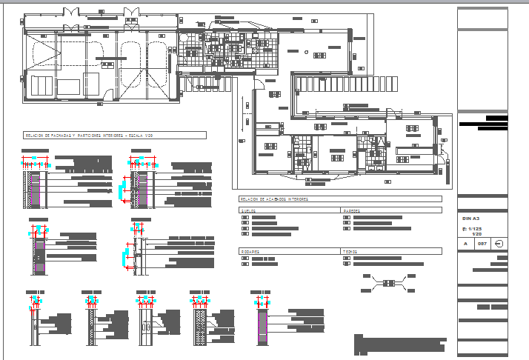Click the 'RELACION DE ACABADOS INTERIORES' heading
tap(274, 199)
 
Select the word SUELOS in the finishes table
tap(247, 210)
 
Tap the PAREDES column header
tap(352, 210)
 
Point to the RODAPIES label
tap(250, 251)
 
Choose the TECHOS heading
tap(350, 251)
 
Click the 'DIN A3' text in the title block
tap(471, 219)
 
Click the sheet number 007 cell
tap(481, 243)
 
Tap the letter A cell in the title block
tap(465, 243)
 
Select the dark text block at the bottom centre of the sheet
tap(400, 345)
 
